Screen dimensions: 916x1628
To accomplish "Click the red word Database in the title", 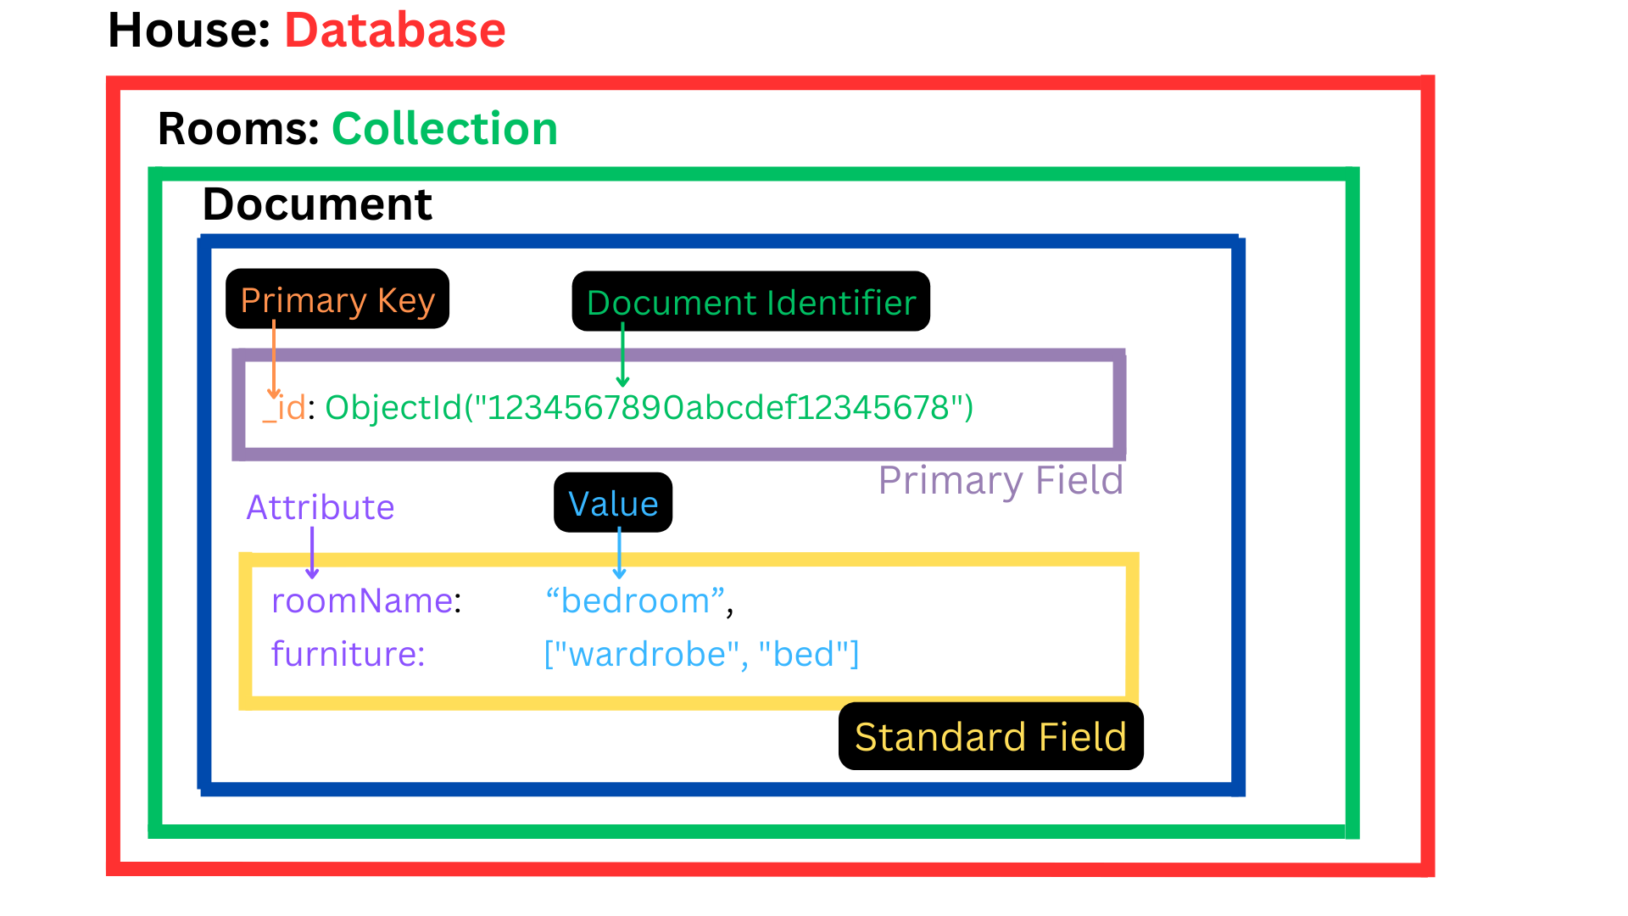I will [x=394, y=31].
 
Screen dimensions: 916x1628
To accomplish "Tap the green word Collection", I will [x=444, y=129].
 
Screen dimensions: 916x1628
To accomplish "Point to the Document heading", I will [x=317, y=204].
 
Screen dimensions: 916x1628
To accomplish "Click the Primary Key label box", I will [x=337, y=299].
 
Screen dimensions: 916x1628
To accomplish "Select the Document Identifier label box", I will [x=751, y=302].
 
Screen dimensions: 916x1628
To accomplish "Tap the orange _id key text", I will [x=285, y=408].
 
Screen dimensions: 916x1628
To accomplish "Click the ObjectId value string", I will [x=649, y=408].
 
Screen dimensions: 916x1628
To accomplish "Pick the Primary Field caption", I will [x=1001, y=480].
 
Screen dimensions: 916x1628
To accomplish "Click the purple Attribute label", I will [x=321, y=507].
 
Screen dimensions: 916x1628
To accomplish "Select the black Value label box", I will [x=613, y=503].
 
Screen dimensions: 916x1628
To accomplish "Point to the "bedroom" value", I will [x=636, y=600].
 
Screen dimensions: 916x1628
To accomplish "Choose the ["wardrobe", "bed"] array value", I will [x=701, y=654].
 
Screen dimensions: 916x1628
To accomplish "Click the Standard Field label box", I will [x=990, y=736].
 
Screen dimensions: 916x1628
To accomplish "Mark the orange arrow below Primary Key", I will [x=274, y=360].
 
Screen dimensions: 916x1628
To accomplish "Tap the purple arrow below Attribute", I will [x=312, y=553].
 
